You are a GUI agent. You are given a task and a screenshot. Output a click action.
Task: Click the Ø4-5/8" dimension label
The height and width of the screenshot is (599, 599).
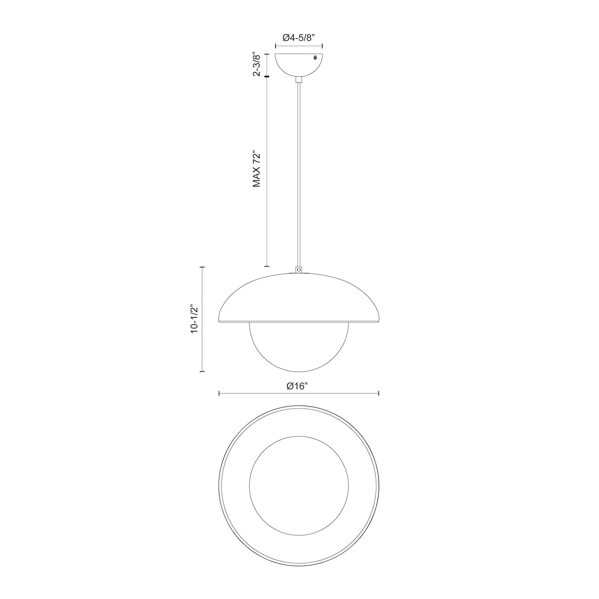299,38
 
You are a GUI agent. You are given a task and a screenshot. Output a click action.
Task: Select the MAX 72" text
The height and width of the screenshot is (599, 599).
257,169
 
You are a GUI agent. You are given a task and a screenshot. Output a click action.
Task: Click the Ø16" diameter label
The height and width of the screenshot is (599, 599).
297,386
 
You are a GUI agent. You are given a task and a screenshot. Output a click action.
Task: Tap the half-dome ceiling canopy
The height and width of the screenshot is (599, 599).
299,63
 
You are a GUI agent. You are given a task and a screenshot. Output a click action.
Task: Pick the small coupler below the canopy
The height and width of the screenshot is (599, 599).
299,80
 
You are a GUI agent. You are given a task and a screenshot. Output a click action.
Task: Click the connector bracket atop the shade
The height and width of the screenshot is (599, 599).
299,269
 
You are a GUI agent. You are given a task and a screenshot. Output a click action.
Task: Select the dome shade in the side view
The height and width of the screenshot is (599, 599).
299,298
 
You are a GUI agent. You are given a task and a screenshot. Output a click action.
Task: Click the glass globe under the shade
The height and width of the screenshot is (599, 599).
299,347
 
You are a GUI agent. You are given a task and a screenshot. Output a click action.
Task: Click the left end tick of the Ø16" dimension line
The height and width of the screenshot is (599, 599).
219,393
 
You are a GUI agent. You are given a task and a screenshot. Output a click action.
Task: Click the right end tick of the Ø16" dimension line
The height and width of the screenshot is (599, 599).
379,393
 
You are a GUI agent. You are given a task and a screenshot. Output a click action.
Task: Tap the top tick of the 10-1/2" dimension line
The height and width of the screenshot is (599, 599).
202,267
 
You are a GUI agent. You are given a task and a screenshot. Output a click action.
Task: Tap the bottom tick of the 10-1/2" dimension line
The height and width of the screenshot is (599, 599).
202,371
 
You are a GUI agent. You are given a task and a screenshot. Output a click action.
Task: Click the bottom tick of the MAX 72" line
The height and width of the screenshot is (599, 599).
266,266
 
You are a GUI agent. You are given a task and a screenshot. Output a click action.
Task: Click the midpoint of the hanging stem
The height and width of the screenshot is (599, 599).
299,174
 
